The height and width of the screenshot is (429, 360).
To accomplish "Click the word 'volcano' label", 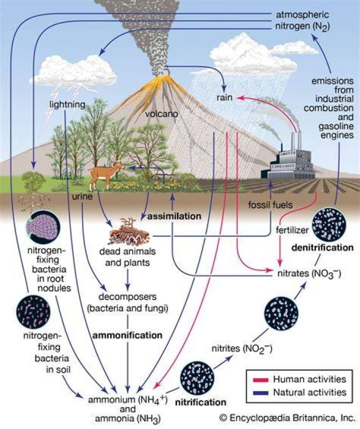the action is point(161,113).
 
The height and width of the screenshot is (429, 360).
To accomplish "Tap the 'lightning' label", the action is point(67,104).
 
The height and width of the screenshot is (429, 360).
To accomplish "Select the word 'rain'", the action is point(224,97).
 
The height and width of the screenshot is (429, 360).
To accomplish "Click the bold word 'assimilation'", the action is point(174,216).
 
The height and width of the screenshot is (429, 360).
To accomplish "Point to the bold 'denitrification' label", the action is point(322,247).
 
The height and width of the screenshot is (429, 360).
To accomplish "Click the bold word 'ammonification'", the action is point(127,335).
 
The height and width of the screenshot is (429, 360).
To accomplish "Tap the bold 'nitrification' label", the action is point(200,402).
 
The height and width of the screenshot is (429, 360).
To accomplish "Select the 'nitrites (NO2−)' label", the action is point(242,349).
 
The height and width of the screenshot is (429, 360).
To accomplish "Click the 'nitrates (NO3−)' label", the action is point(309,273).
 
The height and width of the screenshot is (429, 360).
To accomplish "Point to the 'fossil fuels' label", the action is point(270,204).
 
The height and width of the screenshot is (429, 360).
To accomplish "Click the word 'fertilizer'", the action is point(292,230).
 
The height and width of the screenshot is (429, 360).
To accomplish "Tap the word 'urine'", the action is point(82,196).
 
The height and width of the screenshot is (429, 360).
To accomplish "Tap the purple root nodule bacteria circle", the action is point(43,227).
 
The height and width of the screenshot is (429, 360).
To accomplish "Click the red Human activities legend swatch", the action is point(260,380).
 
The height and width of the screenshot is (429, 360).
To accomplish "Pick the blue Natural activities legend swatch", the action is point(260,393).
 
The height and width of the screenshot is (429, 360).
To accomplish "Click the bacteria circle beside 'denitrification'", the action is point(329,224).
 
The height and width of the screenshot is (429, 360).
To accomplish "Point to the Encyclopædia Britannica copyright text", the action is point(287,418).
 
